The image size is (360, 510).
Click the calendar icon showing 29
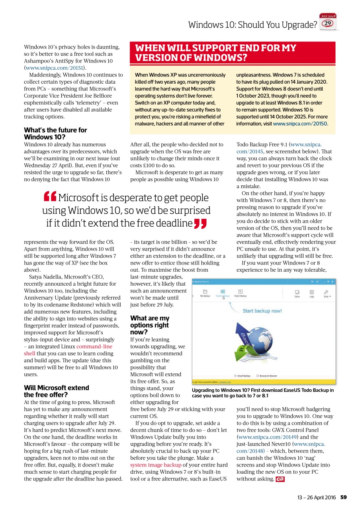[328, 22]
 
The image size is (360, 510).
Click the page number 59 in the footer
[343, 497]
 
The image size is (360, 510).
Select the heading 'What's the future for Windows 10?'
[55, 133]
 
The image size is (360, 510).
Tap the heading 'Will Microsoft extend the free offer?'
[57, 391]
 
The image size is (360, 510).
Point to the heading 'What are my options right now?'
[150, 325]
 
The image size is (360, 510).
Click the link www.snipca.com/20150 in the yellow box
[300, 124]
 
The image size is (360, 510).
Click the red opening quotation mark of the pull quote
[50, 197]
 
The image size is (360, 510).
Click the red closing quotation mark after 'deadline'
[200, 224]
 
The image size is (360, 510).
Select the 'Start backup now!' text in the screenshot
[262, 311]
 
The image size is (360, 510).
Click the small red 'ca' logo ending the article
[280, 479]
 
